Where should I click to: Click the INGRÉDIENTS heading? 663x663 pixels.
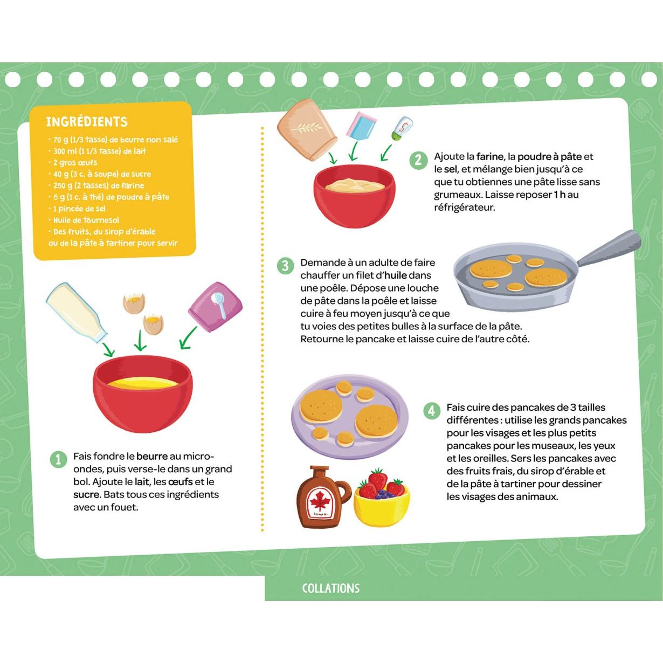coord(87,121)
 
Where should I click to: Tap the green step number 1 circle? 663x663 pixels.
coord(59,459)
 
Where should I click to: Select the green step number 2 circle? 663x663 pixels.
coord(418,160)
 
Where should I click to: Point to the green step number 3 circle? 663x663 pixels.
coord(285,266)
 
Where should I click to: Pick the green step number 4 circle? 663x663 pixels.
coord(431,410)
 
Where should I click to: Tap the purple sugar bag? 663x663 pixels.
coord(216,306)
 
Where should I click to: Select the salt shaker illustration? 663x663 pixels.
coord(402,129)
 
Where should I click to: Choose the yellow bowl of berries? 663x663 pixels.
coord(382,498)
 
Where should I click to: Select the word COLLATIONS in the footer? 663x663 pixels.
coord(331,588)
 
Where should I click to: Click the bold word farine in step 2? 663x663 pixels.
coord(489,157)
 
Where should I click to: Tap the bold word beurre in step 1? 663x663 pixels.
coord(152,457)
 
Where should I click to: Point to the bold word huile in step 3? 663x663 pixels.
coord(396,275)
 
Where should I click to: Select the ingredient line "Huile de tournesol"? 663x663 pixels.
coord(84,220)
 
